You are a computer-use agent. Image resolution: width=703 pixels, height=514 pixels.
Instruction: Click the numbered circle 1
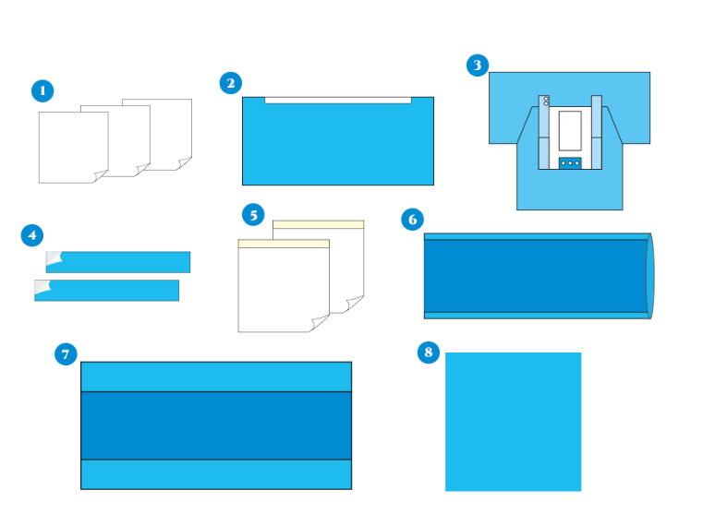42,90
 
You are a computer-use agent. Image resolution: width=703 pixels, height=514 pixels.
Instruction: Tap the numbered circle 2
230,83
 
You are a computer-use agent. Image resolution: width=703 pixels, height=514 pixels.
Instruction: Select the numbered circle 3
478,66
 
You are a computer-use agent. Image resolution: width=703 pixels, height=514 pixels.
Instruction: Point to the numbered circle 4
32,235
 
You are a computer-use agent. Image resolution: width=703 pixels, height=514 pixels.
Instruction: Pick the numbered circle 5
253,214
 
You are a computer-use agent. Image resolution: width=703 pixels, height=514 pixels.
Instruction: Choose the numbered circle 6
413,220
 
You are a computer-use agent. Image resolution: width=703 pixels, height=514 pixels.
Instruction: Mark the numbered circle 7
66,354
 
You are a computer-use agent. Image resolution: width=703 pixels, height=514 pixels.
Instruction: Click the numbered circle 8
429,352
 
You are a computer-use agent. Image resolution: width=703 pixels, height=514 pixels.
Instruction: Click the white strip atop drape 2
338,101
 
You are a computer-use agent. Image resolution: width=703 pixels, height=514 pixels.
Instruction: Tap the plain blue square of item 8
514,422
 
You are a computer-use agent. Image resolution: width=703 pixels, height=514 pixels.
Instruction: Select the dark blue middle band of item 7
216,425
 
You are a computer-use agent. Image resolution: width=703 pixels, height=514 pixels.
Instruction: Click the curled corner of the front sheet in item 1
101,176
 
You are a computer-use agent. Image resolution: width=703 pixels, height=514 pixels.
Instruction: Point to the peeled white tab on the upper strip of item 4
54,258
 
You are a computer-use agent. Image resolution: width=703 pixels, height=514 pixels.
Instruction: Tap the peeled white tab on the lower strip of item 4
42,287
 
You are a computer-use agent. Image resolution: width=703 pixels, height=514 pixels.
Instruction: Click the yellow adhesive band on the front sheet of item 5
284,244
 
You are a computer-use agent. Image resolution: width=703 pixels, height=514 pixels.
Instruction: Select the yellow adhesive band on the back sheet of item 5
319,224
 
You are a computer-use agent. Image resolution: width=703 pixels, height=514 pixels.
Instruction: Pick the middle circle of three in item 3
570,163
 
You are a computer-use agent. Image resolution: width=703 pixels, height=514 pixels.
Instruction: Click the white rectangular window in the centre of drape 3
570,131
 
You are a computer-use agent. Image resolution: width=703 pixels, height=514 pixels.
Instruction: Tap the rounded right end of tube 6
650,276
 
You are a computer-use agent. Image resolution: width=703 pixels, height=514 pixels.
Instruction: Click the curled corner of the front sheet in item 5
319,323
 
